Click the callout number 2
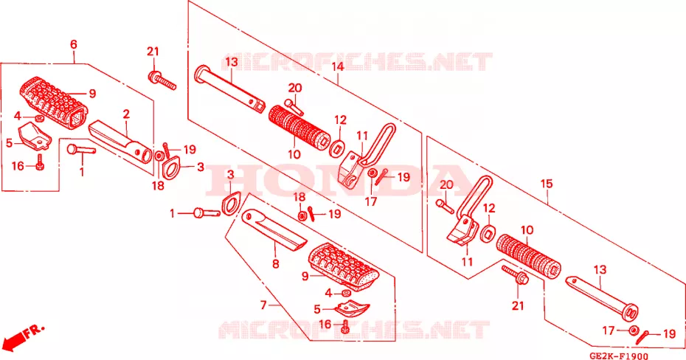[126, 114]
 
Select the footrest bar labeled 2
[121, 142]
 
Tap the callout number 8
[275, 264]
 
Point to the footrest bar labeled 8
[274, 229]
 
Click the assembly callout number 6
[74, 44]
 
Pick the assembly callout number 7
[263, 305]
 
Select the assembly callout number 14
[338, 67]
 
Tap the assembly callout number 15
[547, 184]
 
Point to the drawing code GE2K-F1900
[619, 356]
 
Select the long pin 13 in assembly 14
[229, 89]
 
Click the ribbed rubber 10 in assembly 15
[528, 254]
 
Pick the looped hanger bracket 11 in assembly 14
[367, 156]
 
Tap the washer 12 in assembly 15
[487, 234]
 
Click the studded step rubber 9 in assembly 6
[53, 103]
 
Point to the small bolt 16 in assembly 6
[40, 162]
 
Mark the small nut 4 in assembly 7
[345, 293]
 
